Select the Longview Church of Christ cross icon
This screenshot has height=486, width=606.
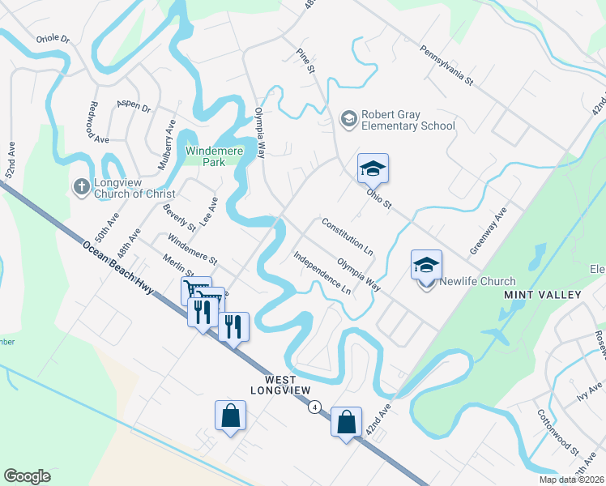[81, 187]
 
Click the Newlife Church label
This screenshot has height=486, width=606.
[477, 282]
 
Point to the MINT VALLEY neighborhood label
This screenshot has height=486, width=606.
[543, 294]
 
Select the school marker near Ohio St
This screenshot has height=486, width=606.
[373, 168]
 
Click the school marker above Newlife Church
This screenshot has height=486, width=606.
[427, 264]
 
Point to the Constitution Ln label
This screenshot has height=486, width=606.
[348, 236]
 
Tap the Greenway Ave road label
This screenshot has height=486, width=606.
[489, 231]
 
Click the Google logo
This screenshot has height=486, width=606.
[27, 476]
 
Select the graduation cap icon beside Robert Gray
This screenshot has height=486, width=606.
[349, 120]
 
